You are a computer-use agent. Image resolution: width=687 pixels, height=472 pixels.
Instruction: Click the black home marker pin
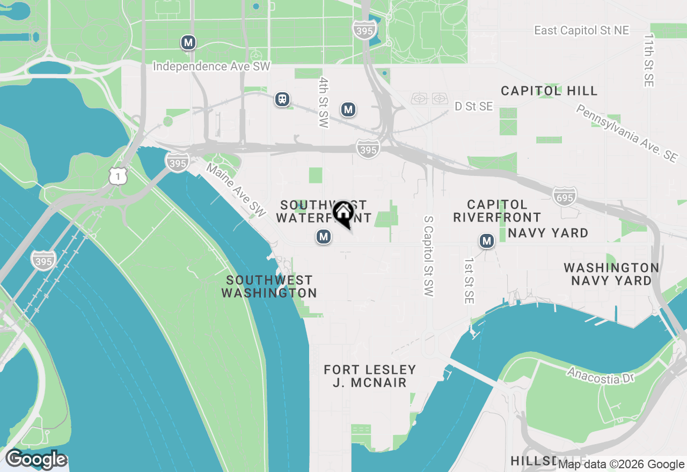pyautogui.click(x=343, y=213)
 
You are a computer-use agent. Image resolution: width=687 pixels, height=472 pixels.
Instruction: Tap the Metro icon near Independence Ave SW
pyautogui.click(x=188, y=42)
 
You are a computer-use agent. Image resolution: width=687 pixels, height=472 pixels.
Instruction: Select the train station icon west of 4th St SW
pyautogui.click(x=282, y=99)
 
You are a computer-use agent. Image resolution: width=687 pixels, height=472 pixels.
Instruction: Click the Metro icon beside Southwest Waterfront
pyautogui.click(x=323, y=237)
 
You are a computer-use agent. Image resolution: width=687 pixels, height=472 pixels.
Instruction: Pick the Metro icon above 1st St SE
pyautogui.click(x=487, y=241)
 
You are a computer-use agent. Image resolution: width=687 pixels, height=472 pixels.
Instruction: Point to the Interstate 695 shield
pyautogui.click(x=564, y=197)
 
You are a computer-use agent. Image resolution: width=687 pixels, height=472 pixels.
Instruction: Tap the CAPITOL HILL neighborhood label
pyautogui.click(x=549, y=91)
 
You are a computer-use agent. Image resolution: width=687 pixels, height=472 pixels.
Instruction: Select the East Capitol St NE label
pyautogui.click(x=581, y=31)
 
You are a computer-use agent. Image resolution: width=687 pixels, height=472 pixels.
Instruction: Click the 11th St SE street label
pyautogui.click(x=649, y=61)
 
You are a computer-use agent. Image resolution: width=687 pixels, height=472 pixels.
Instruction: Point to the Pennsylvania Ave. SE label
pyautogui.click(x=626, y=133)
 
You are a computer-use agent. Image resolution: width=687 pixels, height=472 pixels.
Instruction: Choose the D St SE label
pyautogui.click(x=473, y=107)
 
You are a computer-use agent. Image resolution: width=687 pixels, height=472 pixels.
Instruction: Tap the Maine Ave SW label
pyautogui.click(x=237, y=190)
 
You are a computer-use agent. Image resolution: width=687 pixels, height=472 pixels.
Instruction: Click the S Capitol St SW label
pyautogui.click(x=428, y=256)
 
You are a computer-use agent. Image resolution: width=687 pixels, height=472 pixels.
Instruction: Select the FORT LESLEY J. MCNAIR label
pyautogui.click(x=370, y=376)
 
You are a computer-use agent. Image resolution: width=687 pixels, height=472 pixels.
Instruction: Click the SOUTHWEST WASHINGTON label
pyautogui.click(x=269, y=286)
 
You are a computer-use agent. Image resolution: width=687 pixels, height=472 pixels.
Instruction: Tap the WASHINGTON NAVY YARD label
pyautogui.click(x=611, y=274)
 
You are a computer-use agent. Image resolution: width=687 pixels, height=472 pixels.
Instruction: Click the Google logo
pyautogui.click(x=36, y=460)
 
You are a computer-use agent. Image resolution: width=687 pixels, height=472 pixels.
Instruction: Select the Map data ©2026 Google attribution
pyautogui.click(x=621, y=464)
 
